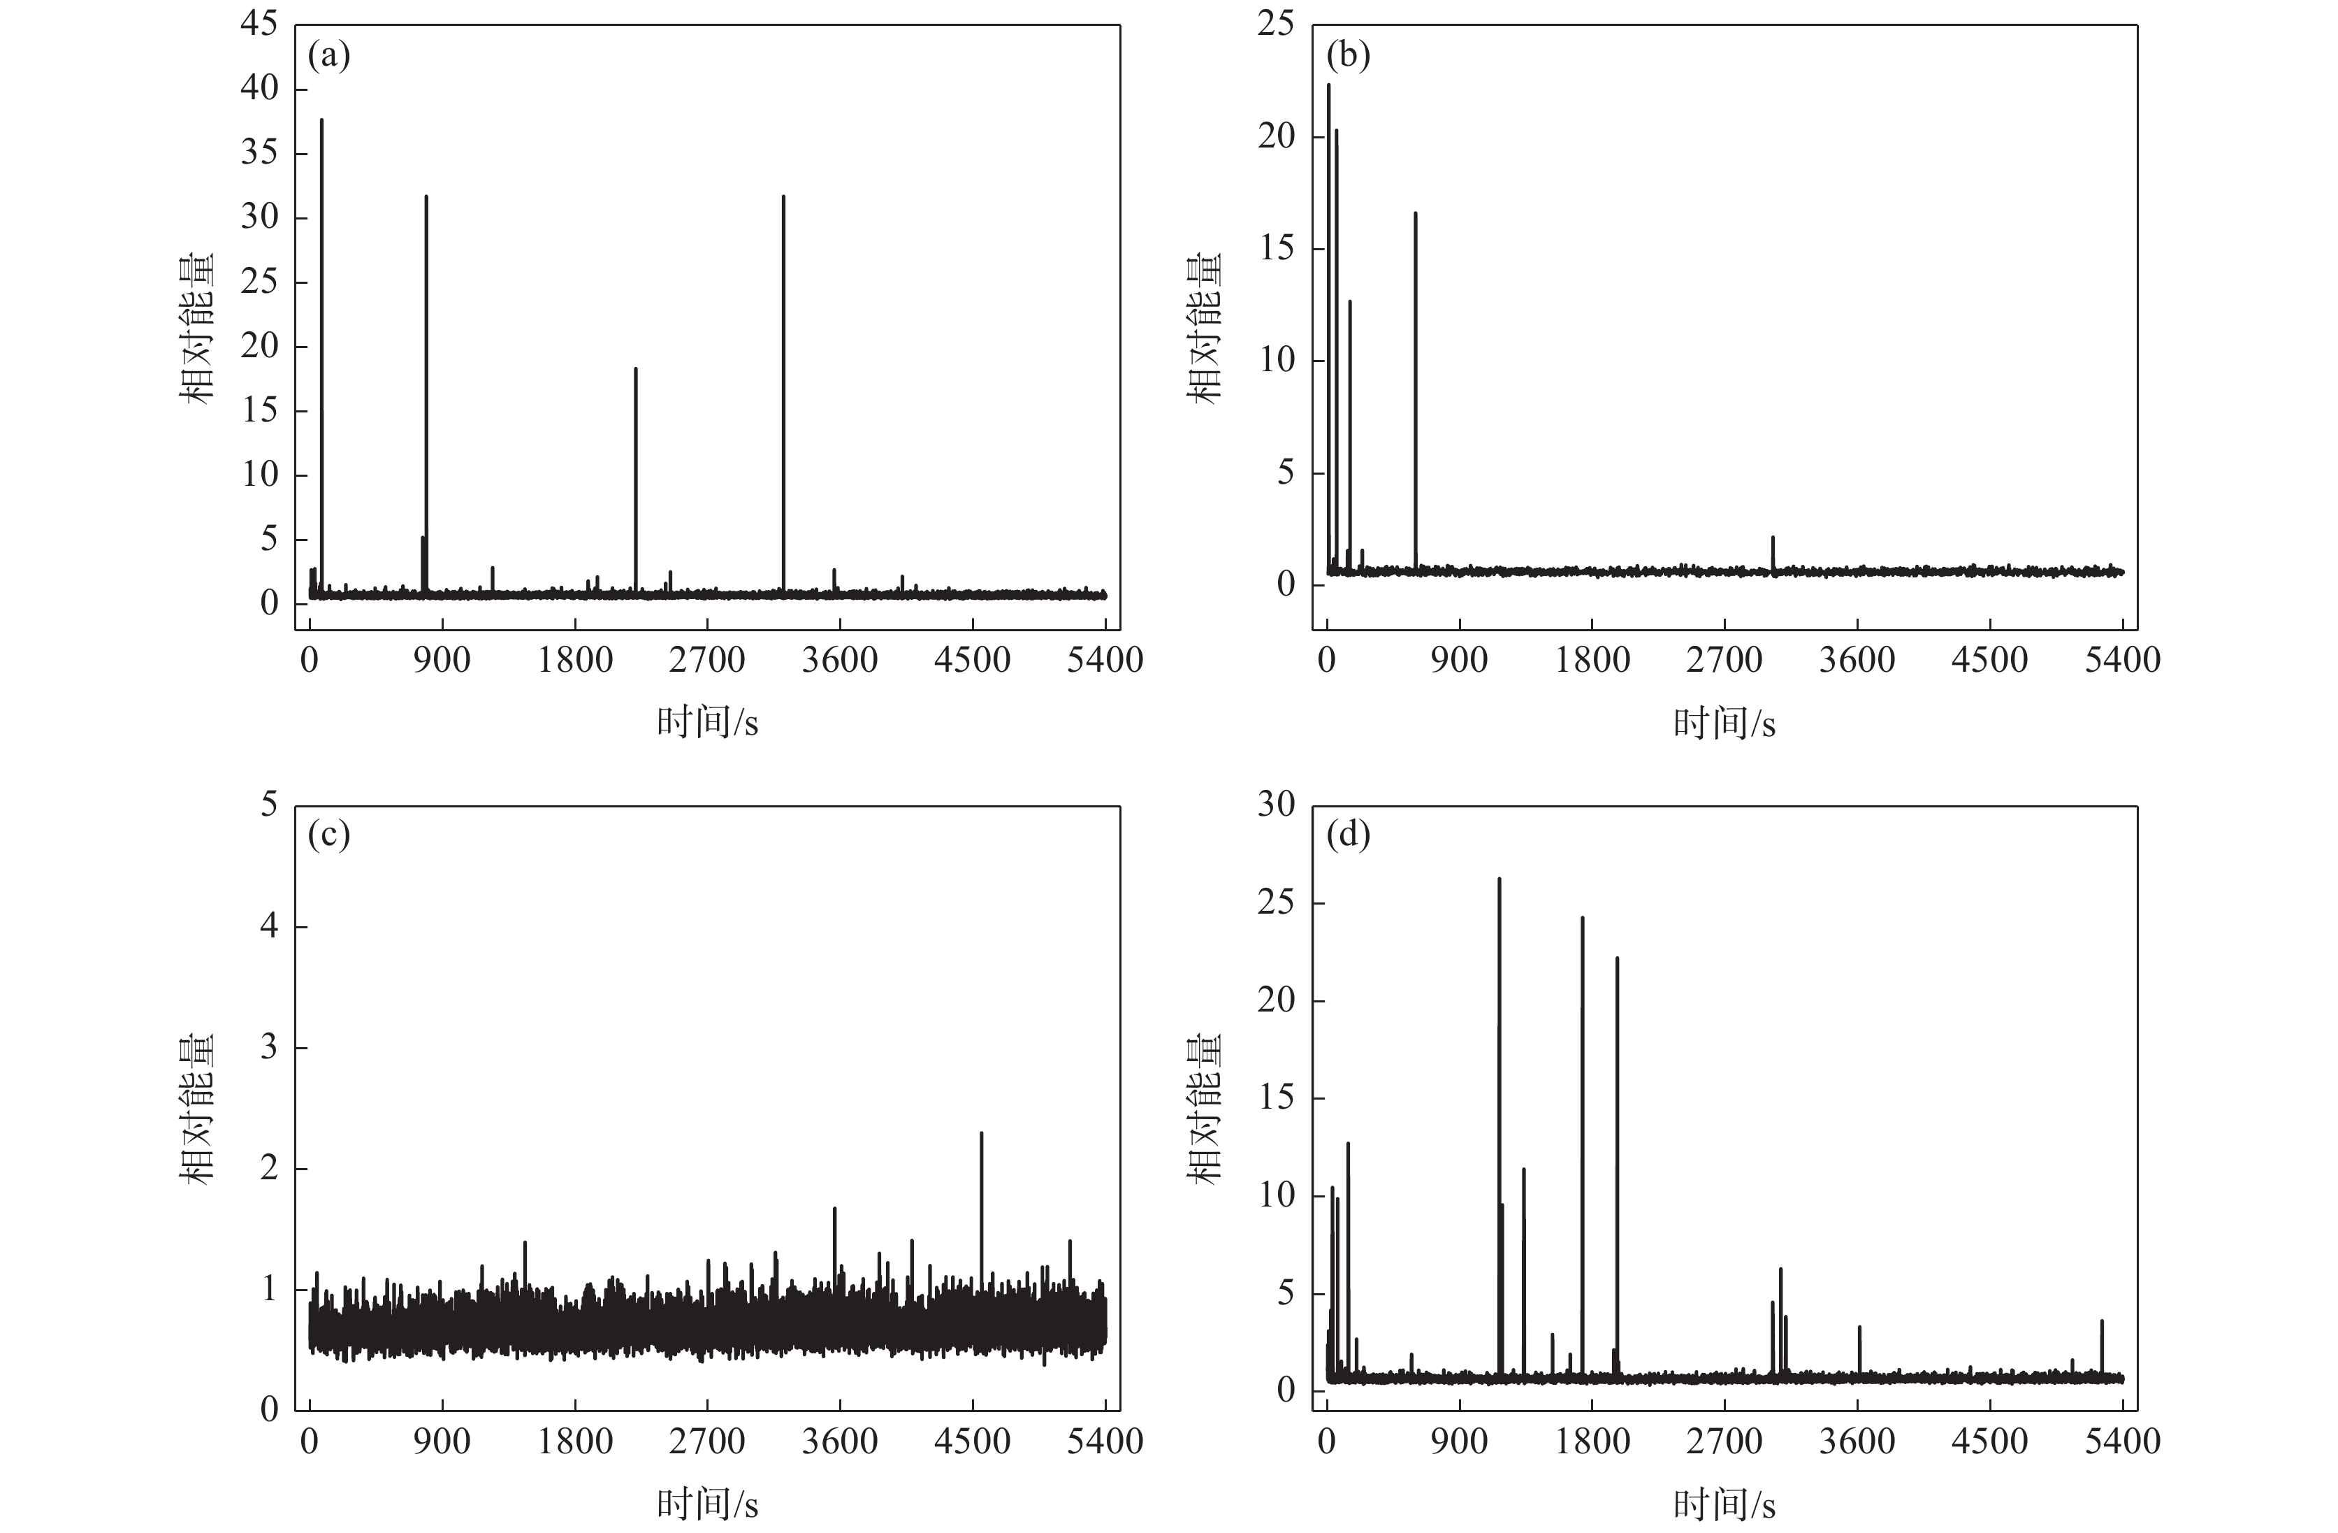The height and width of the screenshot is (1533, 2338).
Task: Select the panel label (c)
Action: (x=328, y=835)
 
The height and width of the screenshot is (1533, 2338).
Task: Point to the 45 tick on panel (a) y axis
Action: (x=259, y=24)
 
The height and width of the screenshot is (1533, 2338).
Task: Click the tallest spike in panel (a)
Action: (x=321, y=123)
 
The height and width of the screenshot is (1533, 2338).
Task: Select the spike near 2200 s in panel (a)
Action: (x=636, y=371)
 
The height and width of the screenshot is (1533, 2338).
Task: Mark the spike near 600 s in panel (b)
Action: (x=1416, y=215)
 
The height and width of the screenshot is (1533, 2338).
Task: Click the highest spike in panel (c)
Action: (x=981, y=1135)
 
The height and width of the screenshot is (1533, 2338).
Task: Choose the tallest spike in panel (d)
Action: (x=1499, y=881)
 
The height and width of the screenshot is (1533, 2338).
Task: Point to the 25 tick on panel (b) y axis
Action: (x=1276, y=24)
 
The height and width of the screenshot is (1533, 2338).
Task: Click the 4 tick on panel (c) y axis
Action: (x=268, y=927)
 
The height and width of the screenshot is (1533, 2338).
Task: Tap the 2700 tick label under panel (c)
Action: (x=707, y=1441)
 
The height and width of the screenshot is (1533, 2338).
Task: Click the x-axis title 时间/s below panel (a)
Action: (x=707, y=724)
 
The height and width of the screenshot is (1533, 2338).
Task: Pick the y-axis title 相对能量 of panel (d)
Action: (x=1207, y=1109)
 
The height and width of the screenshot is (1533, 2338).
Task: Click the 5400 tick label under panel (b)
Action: (x=2123, y=659)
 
